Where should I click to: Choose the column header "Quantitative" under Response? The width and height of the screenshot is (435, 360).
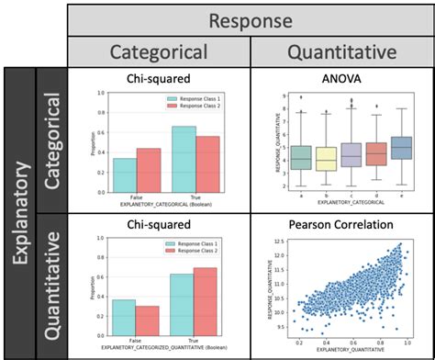[x=341, y=51]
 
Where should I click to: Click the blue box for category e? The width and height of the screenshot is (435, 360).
[x=401, y=147]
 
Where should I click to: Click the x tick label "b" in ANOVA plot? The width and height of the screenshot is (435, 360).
[x=326, y=195]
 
